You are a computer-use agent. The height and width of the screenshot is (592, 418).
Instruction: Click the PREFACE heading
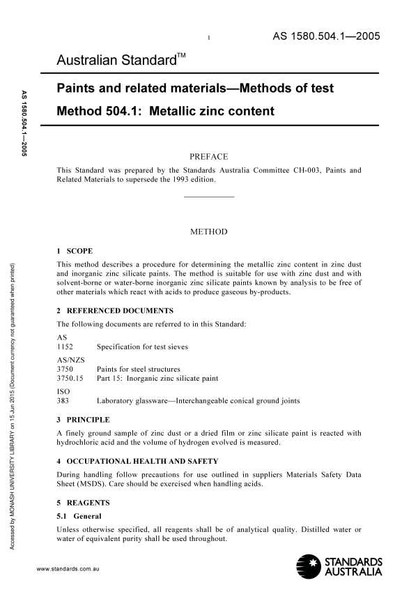pos(208,157)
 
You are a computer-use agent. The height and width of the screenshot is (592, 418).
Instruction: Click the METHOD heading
pos(208,232)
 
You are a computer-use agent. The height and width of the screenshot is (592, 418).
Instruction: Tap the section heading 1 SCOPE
pos(74,250)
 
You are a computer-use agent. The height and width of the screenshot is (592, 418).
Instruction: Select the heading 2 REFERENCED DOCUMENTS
pos(115,310)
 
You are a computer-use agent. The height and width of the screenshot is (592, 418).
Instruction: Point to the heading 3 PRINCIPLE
pos(83,420)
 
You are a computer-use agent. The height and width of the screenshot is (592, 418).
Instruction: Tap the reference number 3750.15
pos(70,379)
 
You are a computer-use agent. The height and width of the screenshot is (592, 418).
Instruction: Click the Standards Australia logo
pos(339,566)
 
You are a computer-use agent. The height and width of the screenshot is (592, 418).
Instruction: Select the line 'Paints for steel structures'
pos(138,369)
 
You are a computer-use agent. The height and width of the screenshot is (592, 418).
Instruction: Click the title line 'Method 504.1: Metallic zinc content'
pos(165,111)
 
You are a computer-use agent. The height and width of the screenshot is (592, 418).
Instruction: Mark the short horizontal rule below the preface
pos(208,198)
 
